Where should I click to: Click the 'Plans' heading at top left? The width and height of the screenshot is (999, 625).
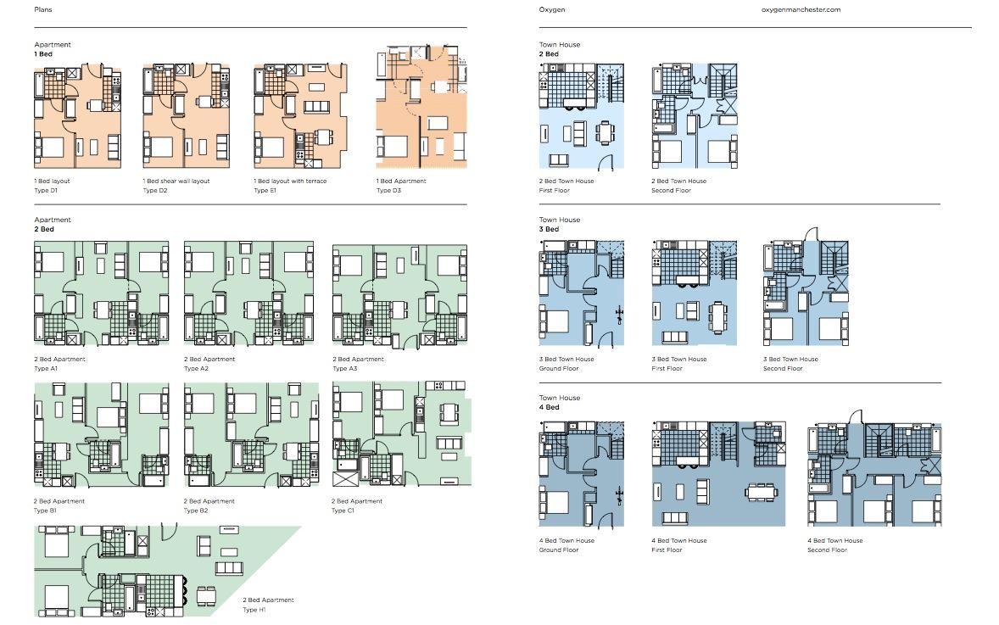(x=43, y=9)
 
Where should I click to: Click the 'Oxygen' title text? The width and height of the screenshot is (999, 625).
(x=552, y=9)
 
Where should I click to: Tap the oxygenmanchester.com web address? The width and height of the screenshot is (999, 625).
(x=801, y=9)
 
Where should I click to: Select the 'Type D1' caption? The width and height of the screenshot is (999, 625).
(x=46, y=191)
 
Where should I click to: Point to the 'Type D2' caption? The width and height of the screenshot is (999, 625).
(x=155, y=191)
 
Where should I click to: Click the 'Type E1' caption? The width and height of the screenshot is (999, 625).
(x=265, y=191)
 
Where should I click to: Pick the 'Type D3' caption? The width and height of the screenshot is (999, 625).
(x=388, y=191)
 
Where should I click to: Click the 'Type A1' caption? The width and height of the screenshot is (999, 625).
(x=46, y=369)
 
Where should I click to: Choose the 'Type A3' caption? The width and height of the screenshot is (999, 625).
(x=344, y=369)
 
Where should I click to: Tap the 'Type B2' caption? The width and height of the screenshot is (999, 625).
(x=196, y=511)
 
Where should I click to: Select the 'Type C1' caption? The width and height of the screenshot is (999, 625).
(x=343, y=511)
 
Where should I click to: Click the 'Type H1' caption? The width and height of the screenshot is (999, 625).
(x=254, y=610)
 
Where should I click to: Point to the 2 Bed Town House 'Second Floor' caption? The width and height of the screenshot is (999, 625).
(x=671, y=191)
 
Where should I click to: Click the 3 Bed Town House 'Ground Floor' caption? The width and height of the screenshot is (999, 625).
(x=559, y=369)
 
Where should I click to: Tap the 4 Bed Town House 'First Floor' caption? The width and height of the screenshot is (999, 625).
(x=667, y=550)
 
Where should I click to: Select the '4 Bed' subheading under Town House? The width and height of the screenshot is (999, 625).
(x=550, y=407)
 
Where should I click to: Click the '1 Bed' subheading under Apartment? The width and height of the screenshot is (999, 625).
(x=43, y=54)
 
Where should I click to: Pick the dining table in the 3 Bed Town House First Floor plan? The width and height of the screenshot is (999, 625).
(x=719, y=317)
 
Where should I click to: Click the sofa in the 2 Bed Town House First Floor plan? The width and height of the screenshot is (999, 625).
(x=559, y=160)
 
